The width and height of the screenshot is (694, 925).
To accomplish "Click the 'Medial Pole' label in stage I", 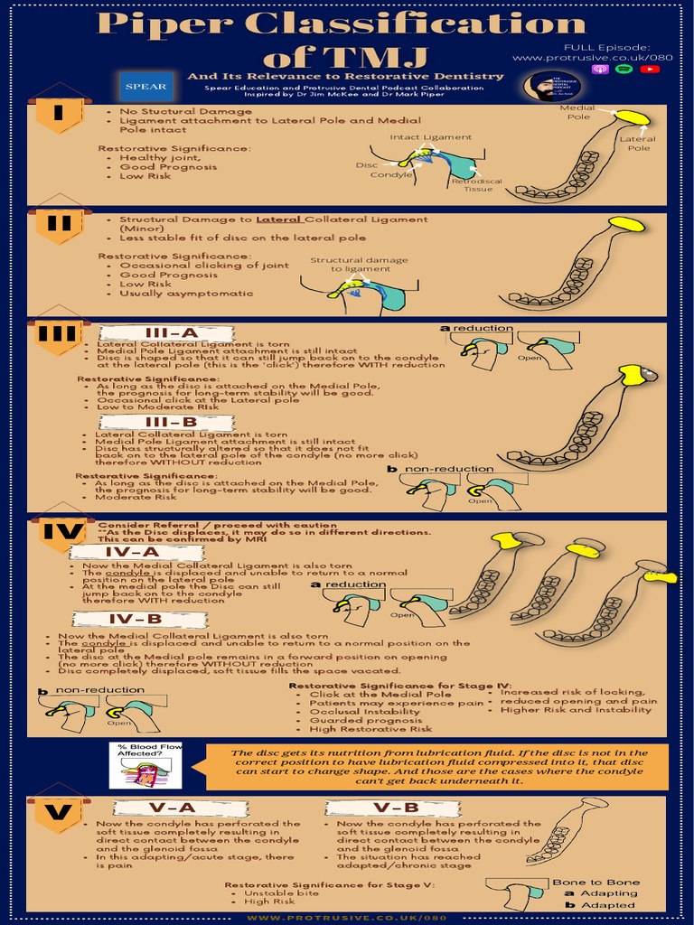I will (x=577, y=112).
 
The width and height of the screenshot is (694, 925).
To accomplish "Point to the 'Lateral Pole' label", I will (x=638, y=144).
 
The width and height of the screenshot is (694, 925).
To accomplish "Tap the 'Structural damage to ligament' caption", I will (x=347, y=265).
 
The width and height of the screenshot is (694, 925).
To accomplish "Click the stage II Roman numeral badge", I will (x=59, y=225).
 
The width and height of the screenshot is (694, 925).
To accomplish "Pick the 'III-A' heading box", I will (x=172, y=333).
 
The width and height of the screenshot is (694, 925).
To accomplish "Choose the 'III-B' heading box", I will (x=171, y=422).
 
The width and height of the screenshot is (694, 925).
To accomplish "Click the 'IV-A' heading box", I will (x=132, y=552).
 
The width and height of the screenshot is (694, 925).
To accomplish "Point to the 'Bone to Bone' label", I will (x=608, y=883).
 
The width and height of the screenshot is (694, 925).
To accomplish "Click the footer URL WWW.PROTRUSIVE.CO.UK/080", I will (x=347, y=918).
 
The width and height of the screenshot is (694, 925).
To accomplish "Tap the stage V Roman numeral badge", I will (x=59, y=813).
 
